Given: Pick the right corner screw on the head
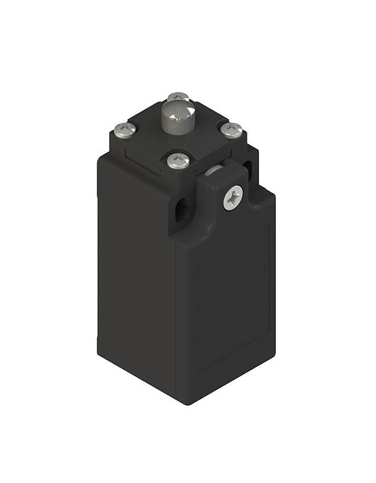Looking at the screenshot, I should coord(231,130).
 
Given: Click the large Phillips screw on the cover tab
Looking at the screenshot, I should coord(233,199).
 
